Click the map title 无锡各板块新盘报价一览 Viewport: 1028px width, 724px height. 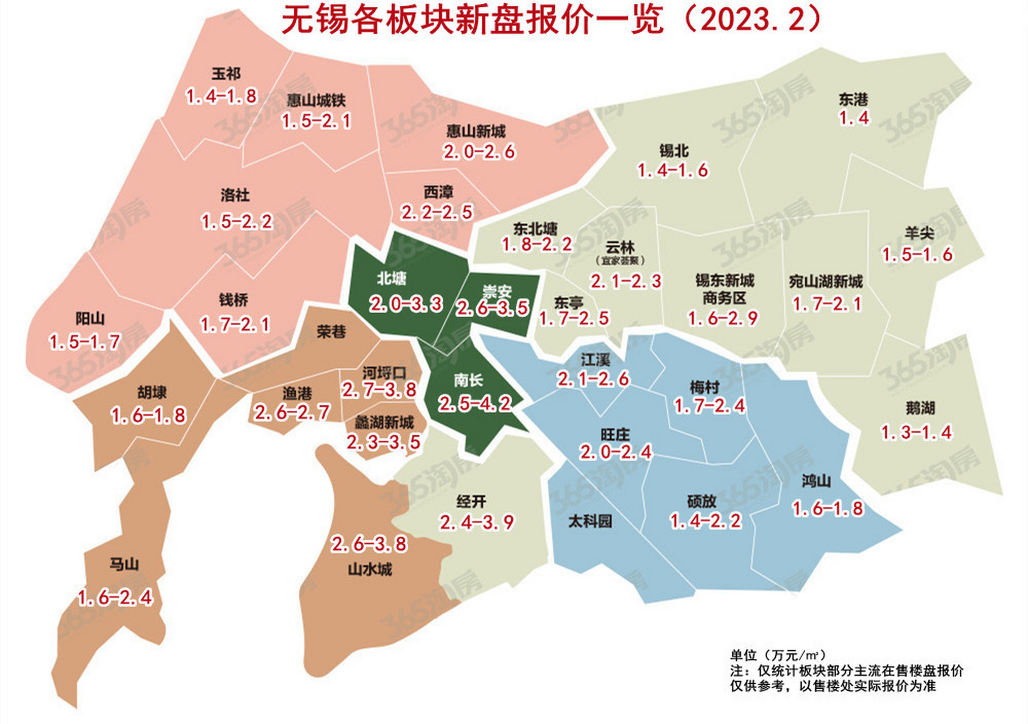click(x=472, y=21)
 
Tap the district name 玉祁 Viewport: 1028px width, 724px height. click(x=226, y=74)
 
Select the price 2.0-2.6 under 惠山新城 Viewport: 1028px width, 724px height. click(x=479, y=152)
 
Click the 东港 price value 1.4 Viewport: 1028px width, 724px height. click(x=854, y=118)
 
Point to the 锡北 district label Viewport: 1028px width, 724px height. click(x=673, y=150)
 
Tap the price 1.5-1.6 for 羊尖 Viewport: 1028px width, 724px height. click(x=918, y=255)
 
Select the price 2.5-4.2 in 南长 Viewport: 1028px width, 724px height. click(x=475, y=403)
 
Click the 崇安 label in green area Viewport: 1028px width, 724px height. click(x=497, y=292)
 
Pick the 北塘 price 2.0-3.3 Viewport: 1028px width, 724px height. click(x=406, y=304)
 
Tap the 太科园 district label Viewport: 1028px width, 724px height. click(x=590, y=521)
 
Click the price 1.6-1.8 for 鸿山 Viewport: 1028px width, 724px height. click(x=828, y=508)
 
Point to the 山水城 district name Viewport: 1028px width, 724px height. click(x=370, y=569)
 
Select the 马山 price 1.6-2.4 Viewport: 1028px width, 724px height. click(x=115, y=597)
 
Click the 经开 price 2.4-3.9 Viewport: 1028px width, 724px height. click(x=477, y=522)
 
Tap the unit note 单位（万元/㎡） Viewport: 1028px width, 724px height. click(x=778, y=655)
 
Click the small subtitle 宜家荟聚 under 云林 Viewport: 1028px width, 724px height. click(x=620, y=261)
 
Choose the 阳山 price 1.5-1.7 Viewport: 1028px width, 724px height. click(x=85, y=342)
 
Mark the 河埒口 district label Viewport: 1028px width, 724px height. click(x=384, y=373)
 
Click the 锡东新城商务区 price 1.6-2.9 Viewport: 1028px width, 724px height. click(x=723, y=318)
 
